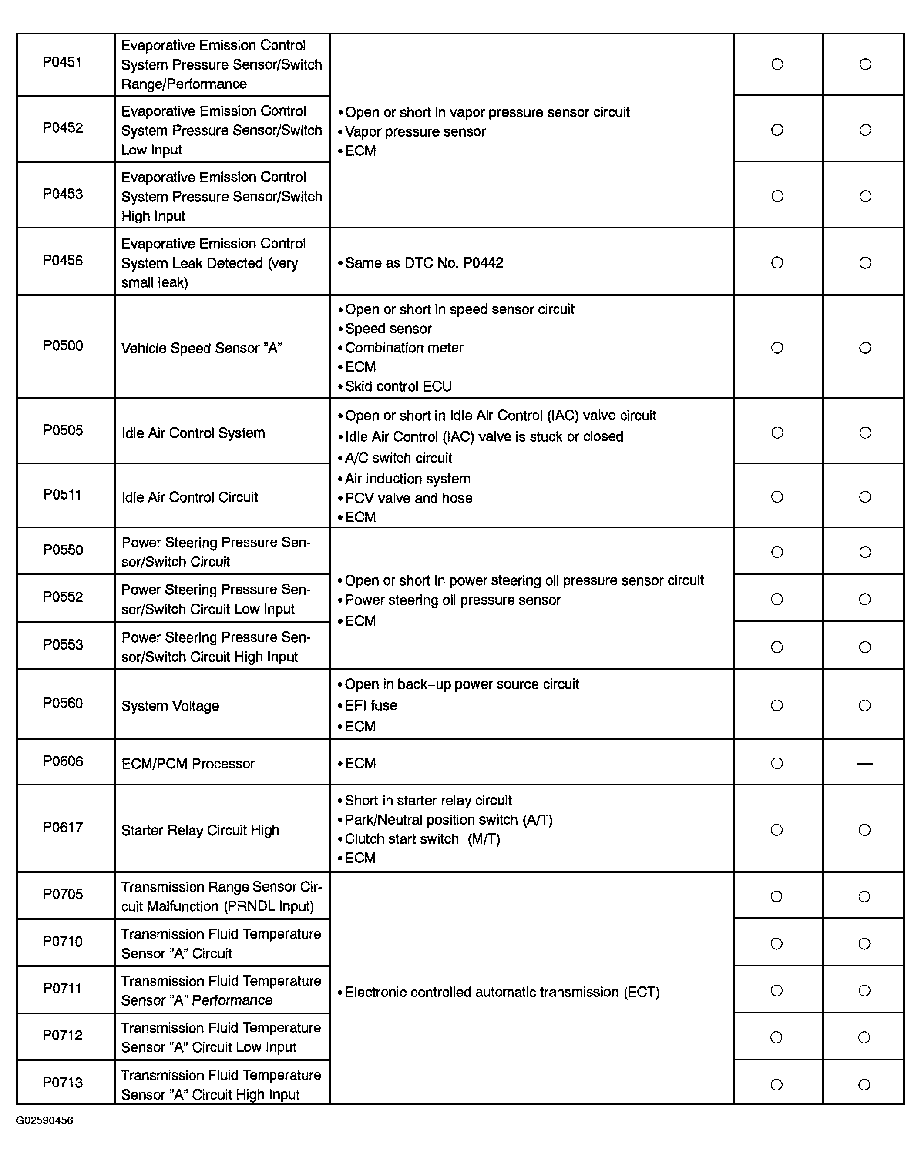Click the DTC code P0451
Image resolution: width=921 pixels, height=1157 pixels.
point(62,63)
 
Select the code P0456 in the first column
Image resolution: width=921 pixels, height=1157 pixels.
point(63,261)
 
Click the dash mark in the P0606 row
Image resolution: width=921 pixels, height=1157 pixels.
point(864,763)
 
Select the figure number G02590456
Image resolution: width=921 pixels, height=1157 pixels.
point(44,1120)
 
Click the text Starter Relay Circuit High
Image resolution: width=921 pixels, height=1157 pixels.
point(200,830)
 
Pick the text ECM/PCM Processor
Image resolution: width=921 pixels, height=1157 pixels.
point(188,764)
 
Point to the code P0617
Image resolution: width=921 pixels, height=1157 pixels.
point(63,828)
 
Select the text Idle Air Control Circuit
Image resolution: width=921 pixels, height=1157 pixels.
point(189,497)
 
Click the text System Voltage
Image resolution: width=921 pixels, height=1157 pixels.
point(170,706)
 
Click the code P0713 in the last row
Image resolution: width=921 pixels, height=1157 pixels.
point(63,1083)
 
